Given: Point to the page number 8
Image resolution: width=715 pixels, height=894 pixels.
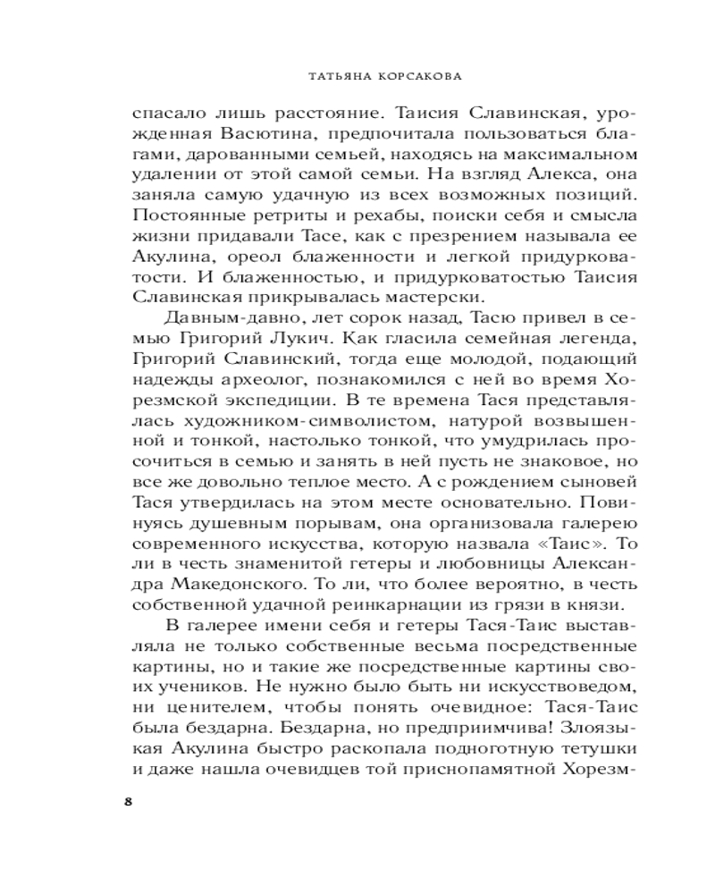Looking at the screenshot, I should (x=128, y=800).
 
